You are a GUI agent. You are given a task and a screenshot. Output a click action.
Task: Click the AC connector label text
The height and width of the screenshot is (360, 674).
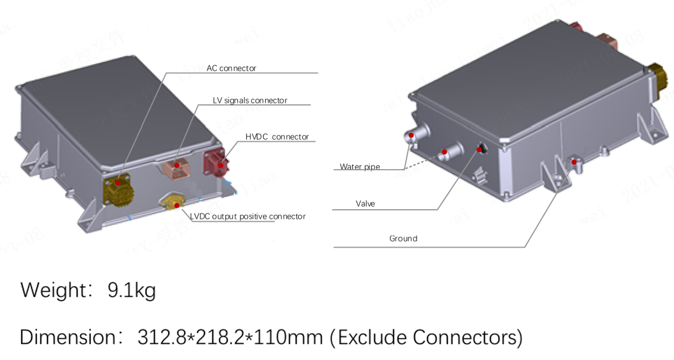(x=231, y=68)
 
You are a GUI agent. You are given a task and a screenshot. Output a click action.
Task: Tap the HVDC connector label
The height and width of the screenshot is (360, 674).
(x=277, y=137)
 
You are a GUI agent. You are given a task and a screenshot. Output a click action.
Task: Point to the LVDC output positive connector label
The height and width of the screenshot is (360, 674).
(x=248, y=217)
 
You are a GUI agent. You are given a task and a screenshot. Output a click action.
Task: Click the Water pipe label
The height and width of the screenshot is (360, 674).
(x=360, y=167)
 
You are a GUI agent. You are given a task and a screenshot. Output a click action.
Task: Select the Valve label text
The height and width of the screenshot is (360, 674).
(x=365, y=204)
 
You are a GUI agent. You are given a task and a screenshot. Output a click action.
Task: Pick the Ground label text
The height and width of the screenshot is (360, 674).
(x=403, y=239)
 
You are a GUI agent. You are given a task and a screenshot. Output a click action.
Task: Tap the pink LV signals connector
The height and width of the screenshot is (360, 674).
(x=176, y=166)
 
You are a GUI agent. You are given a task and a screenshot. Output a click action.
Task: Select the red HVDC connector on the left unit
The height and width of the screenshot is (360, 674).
(x=215, y=161)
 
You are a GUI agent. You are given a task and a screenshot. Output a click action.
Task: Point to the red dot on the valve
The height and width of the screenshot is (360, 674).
(x=480, y=149)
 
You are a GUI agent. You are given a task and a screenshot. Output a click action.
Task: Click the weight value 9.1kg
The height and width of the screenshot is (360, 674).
(x=132, y=290)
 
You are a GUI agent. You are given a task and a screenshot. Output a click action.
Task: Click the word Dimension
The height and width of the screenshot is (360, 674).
(x=67, y=338)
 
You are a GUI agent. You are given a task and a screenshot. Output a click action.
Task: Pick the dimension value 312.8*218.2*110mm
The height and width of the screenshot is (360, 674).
(x=230, y=338)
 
